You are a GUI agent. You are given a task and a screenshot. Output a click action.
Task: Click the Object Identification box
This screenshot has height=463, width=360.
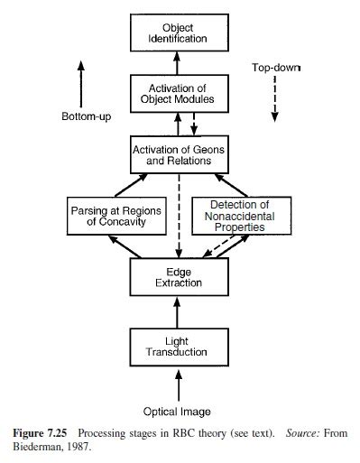point(183,33)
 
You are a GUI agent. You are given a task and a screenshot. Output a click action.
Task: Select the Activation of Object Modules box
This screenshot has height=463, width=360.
point(183,93)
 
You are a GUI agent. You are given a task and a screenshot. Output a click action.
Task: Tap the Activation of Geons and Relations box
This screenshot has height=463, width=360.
point(183,154)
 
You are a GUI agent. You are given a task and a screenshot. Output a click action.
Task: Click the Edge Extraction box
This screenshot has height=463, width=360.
point(183,277)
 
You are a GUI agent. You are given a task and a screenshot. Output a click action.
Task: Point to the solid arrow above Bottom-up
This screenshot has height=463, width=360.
point(82,82)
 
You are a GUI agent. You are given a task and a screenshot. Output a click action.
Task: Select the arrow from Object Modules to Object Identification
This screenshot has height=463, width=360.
point(183,62)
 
